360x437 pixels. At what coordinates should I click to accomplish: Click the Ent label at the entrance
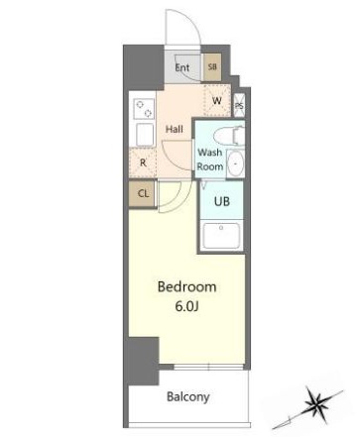point(182,67)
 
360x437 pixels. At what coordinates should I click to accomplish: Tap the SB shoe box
point(212,67)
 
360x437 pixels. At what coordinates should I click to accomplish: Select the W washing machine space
point(217,100)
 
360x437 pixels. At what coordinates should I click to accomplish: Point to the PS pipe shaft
point(239,105)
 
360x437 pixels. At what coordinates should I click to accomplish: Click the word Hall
point(175,129)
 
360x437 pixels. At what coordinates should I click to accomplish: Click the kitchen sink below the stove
point(145,135)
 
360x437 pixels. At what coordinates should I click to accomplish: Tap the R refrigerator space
point(143,163)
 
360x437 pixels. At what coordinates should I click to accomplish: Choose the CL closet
point(143,193)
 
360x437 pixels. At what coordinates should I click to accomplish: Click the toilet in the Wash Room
point(229,136)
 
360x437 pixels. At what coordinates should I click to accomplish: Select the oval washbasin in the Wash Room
point(236,164)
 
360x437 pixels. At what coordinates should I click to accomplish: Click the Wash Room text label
point(210,160)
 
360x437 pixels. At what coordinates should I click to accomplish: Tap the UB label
point(222,201)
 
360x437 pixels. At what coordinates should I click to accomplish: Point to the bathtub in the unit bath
point(221,236)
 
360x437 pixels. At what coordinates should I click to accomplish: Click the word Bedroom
point(187,286)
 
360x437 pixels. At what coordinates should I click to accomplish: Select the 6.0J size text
point(186,307)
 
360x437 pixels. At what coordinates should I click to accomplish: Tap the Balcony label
point(187,396)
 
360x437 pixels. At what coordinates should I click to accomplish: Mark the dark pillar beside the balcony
point(144,361)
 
